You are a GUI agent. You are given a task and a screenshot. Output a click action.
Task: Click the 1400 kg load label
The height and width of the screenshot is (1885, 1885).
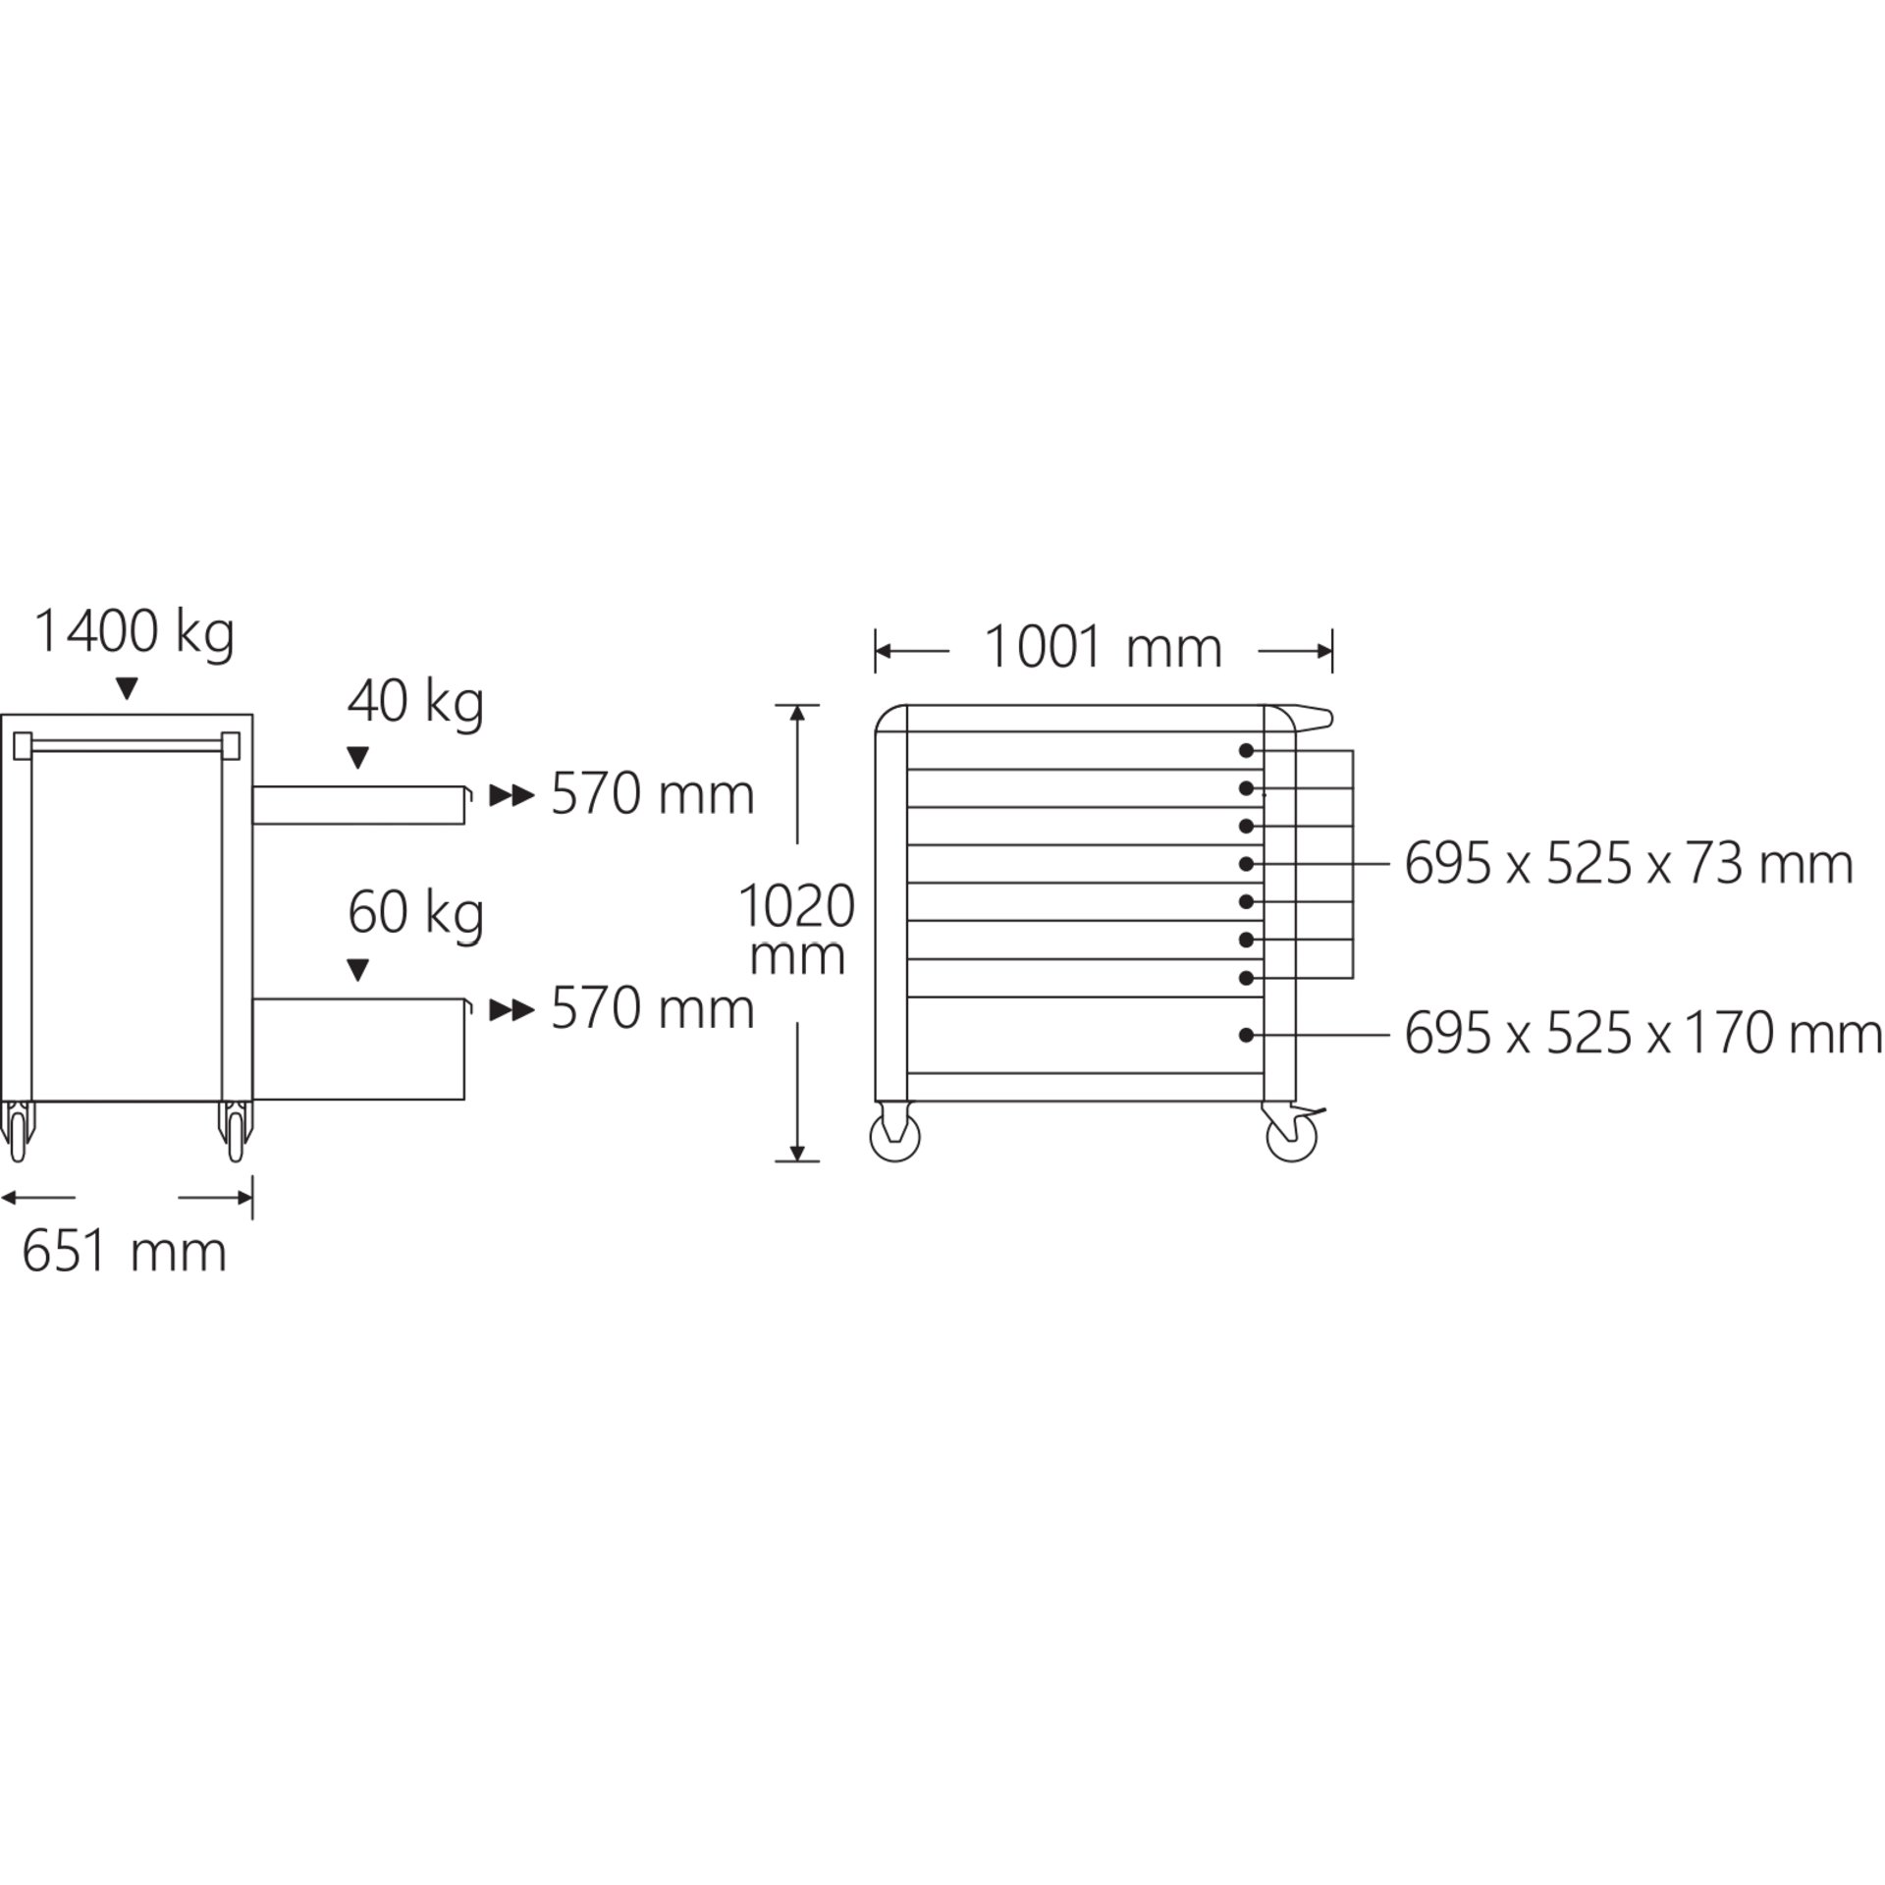(x=135, y=633)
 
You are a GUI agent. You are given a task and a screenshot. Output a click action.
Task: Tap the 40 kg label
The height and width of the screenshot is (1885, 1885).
(x=415, y=703)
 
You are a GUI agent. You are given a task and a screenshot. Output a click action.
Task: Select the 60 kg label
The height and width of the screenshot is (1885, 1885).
(x=415, y=914)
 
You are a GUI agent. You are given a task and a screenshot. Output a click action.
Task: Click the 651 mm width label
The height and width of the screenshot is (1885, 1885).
(x=124, y=1252)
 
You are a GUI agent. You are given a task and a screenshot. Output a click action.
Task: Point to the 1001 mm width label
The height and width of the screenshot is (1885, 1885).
(x=1103, y=648)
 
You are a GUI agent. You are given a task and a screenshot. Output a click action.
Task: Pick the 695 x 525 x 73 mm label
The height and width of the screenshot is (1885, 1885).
(x=1629, y=865)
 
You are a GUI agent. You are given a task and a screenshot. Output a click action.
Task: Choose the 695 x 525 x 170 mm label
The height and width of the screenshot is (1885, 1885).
(x=1643, y=1034)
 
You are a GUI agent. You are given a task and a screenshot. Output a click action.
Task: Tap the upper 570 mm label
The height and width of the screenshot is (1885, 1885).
(x=652, y=794)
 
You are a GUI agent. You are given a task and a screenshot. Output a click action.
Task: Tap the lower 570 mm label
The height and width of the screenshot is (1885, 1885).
(x=652, y=1008)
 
